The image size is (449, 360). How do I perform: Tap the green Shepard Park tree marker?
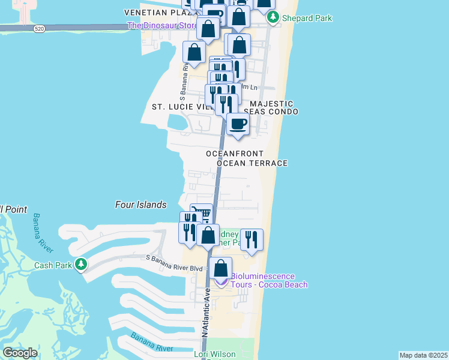coord(273,18)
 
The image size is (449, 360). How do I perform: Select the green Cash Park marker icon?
coord(80,264)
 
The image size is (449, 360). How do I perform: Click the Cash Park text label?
coord(53,265)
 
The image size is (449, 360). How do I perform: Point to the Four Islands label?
coord(140,205)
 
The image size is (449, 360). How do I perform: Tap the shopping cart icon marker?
coord(202,214)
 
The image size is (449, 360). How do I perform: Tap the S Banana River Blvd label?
coord(175,258)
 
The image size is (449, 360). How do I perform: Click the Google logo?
coord(20,353)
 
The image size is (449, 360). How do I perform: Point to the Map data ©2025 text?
coord(424,355)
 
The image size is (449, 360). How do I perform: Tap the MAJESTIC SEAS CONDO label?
coord(271,108)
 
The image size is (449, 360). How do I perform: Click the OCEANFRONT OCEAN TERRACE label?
coord(247,158)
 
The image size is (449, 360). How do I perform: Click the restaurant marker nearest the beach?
coord(252,240)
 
